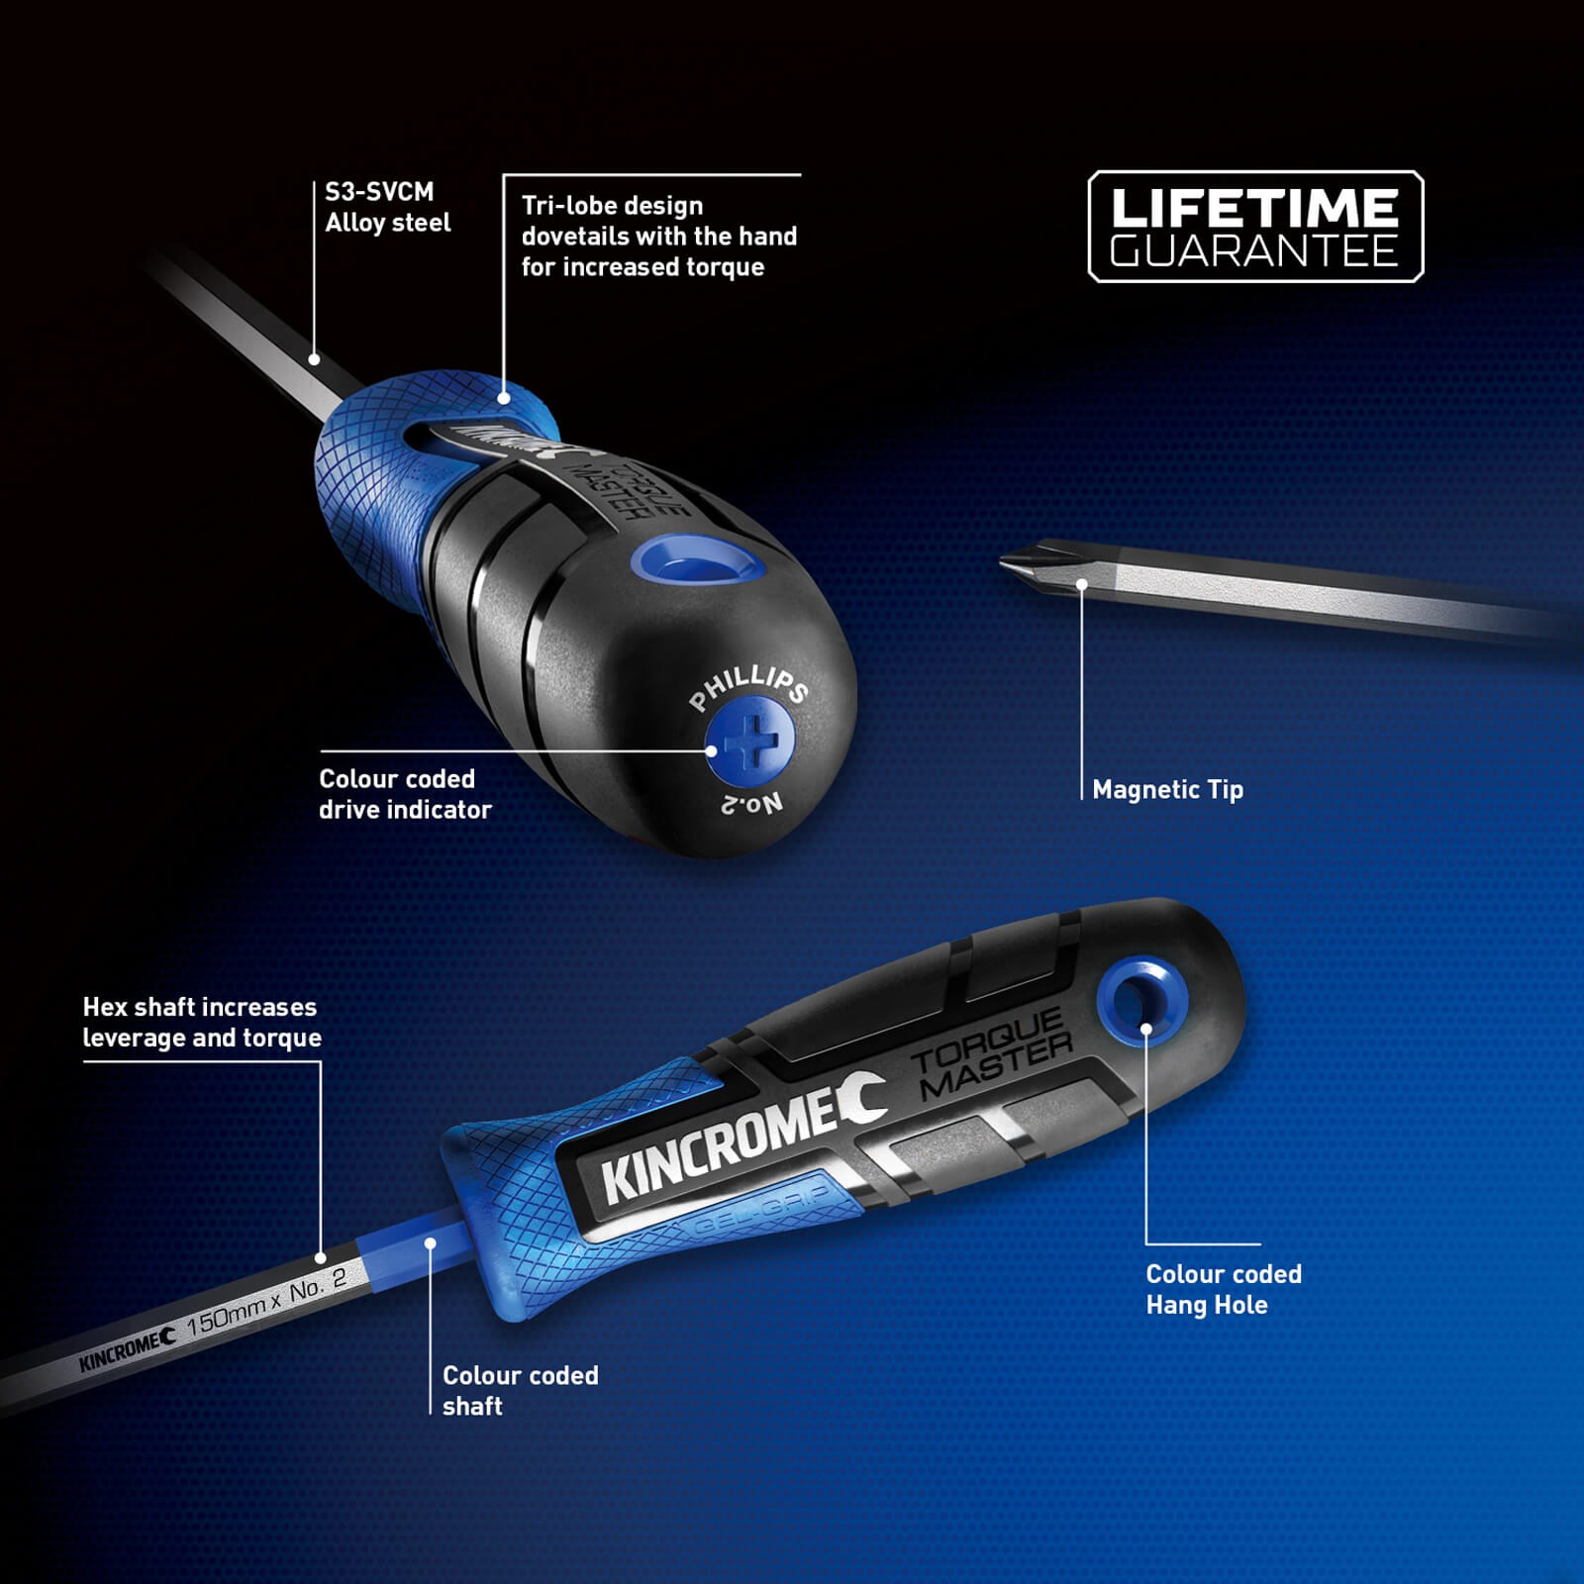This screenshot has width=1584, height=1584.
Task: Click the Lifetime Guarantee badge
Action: pos(1254,227)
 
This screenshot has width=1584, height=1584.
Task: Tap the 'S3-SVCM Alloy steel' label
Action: pos(387,207)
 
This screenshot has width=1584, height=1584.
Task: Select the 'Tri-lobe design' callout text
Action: pos(658,237)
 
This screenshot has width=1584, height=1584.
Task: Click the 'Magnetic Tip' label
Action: pos(1167,790)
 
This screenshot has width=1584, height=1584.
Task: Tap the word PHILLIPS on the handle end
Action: pos(748,686)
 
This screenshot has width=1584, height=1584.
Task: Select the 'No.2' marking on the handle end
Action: pos(752,803)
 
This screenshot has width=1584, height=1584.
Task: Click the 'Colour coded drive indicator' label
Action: pos(404,794)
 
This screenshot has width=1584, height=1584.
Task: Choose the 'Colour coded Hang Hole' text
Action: pos(1223,1289)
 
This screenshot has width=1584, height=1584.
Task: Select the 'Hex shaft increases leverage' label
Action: pos(201,1023)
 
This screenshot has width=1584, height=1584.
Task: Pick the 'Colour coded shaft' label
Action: pos(520,1390)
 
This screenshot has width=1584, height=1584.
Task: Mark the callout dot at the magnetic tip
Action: pos(1081,585)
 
